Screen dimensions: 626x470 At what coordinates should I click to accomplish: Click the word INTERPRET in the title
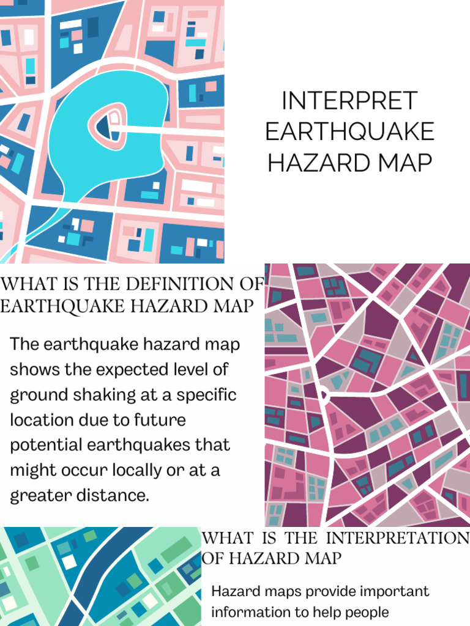point(349,101)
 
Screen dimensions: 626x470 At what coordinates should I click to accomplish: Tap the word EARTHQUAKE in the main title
point(350,132)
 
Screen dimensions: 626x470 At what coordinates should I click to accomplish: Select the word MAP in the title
point(400,163)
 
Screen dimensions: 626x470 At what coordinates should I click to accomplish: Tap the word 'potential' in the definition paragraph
point(48,445)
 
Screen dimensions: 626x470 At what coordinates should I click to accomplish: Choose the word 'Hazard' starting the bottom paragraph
point(234,592)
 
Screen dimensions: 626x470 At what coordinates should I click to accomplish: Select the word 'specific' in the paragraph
point(206,395)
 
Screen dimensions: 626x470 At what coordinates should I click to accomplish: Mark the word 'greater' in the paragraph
point(37,495)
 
